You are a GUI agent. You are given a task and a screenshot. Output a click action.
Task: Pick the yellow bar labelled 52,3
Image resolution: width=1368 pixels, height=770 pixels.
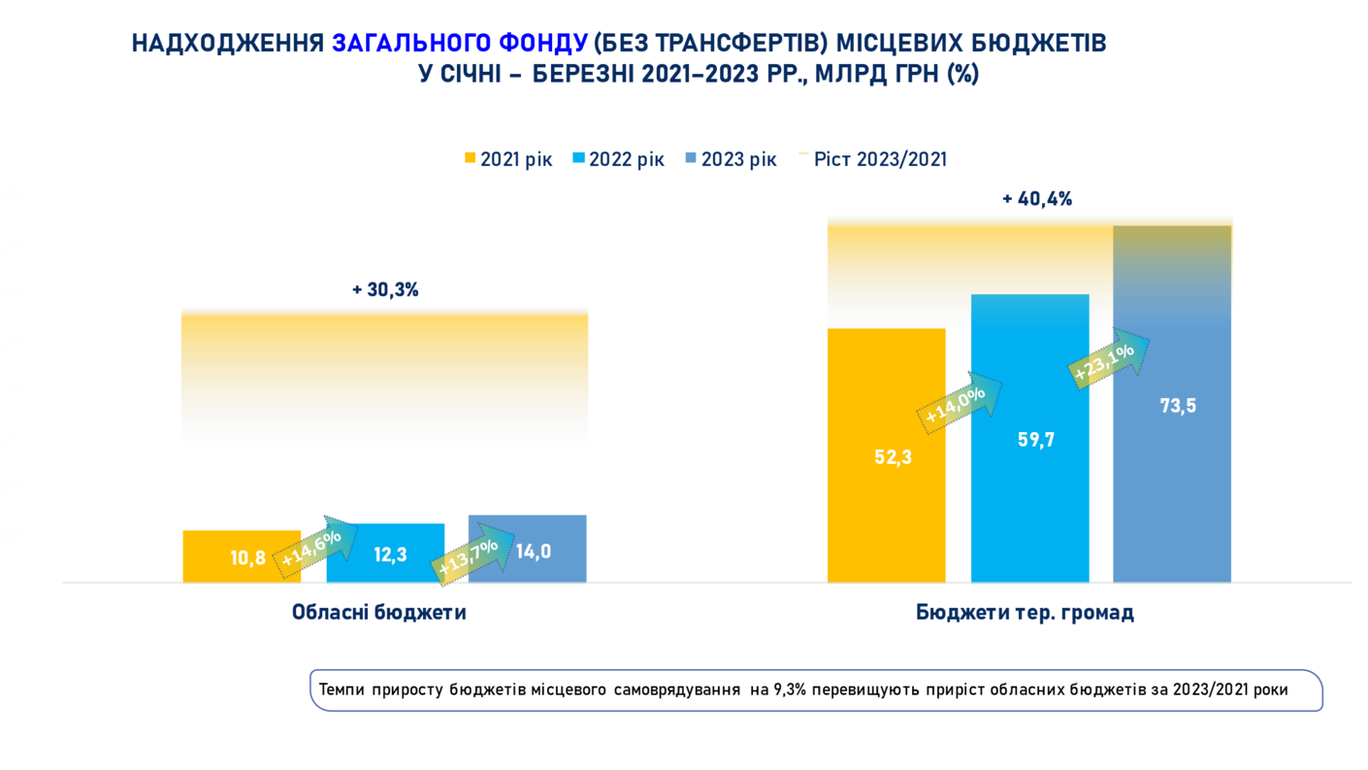(886, 455)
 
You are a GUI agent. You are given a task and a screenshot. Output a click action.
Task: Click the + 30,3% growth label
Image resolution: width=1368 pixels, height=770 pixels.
(385, 289)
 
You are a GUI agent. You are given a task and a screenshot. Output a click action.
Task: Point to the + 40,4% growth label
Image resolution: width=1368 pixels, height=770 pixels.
(1037, 199)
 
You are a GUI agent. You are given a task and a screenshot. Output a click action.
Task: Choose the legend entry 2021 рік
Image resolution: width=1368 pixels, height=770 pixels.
(508, 159)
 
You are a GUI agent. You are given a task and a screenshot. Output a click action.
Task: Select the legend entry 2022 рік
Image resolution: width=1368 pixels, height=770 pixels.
(618, 159)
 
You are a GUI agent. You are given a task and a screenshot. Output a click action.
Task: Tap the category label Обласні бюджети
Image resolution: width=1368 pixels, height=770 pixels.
(379, 613)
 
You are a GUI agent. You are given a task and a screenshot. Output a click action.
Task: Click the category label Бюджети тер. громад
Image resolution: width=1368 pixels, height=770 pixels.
(1025, 613)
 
